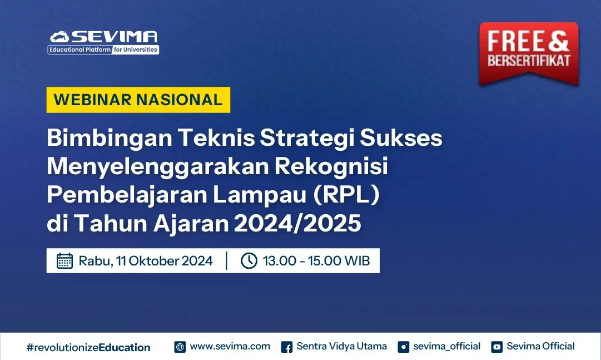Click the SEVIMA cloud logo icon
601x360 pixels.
tap(59, 37)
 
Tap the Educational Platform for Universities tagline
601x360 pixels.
tap(103, 50)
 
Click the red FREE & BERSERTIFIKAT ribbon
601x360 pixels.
tap(529, 53)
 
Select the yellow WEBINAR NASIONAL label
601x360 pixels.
tap(138, 100)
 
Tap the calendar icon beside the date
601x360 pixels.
tap(65, 260)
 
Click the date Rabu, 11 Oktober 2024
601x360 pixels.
tap(146, 260)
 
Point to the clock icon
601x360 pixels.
tap(249, 260)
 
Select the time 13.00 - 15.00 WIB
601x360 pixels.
tap(316, 260)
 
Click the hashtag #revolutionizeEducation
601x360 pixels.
tap(88, 347)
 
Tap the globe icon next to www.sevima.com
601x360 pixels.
tap(180, 347)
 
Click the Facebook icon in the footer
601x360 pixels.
tap(287, 347)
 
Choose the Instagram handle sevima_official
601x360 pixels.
tap(446, 346)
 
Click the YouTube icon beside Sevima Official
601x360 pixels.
tap(496, 347)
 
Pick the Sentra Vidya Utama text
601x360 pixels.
tap(341, 346)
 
